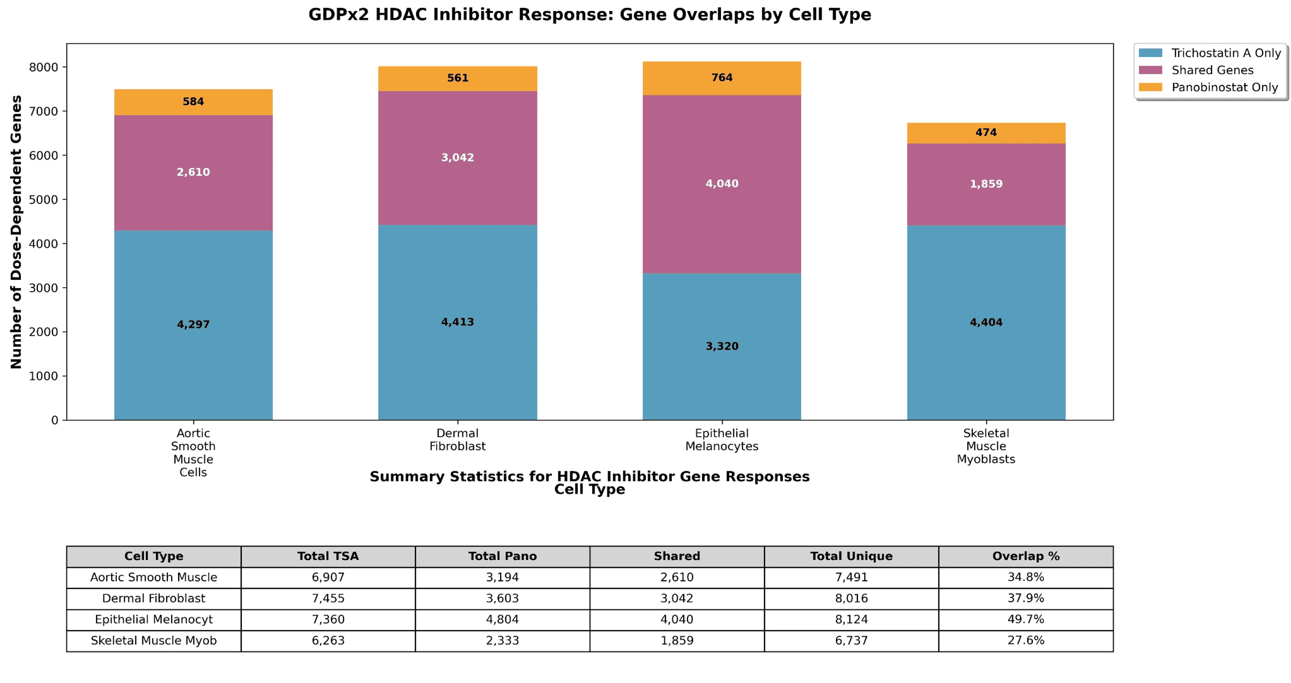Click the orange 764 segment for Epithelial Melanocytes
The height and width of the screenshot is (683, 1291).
click(x=722, y=78)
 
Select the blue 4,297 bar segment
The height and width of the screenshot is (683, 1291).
click(x=194, y=325)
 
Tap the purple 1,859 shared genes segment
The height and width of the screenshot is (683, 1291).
click(x=986, y=184)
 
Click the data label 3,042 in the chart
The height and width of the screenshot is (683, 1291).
click(x=457, y=157)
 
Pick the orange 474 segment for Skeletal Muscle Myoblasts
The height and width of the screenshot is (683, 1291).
click(x=986, y=133)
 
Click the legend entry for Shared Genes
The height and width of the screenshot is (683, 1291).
click(x=1212, y=70)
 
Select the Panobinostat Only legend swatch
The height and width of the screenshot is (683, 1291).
click(x=1150, y=87)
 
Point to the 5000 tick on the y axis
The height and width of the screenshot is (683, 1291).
click(x=43, y=199)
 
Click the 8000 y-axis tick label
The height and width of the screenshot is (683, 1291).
click(x=43, y=67)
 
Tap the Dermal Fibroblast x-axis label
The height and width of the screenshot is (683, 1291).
click(x=457, y=439)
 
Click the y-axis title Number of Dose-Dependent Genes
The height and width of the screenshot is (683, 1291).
click(x=16, y=232)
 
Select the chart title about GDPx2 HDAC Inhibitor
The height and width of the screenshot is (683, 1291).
click(x=589, y=14)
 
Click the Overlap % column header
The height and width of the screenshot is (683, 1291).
click(x=1026, y=556)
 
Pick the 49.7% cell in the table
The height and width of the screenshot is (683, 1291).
click(x=1026, y=619)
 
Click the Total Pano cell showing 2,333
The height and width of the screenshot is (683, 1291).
click(x=502, y=640)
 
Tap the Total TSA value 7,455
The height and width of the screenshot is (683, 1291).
click(x=328, y=598)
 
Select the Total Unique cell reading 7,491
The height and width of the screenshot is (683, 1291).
click(x=851, y=577)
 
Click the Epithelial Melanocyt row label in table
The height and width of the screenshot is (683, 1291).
click(x=153, y=619)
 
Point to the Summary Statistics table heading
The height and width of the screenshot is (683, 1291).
click(x=589, y=476)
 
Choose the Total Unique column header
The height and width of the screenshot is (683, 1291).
click(x=851, y=556)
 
